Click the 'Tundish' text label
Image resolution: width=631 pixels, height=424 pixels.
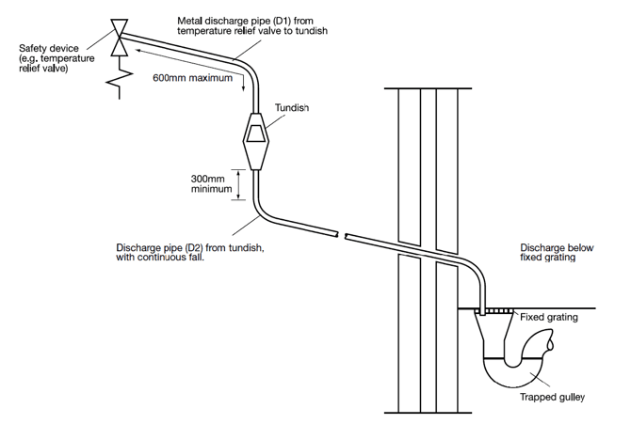(291, 108)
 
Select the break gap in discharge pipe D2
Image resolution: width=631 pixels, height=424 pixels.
(342, 235)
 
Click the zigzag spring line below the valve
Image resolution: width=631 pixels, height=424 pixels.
(120, 80)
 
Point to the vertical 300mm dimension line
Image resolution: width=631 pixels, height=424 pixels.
(239, 184)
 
